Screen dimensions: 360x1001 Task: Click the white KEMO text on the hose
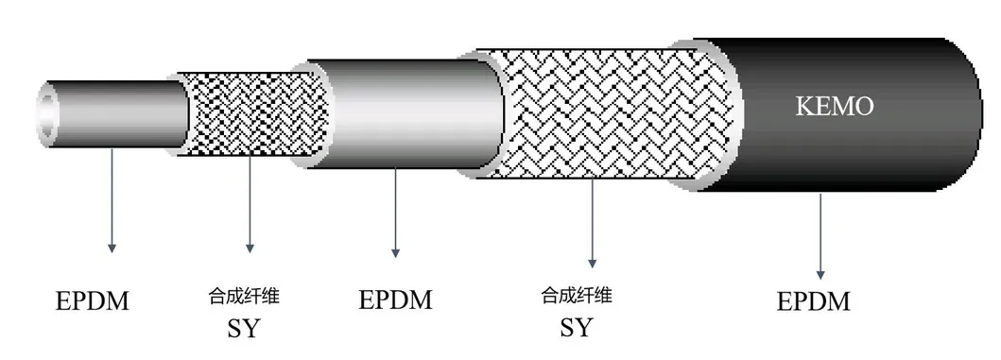coord(832,107)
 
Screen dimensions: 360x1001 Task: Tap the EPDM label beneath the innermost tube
coord(92,302)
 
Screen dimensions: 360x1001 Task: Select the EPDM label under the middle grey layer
coord(395,300)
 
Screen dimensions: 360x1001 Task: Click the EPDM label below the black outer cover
coord(813,302)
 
